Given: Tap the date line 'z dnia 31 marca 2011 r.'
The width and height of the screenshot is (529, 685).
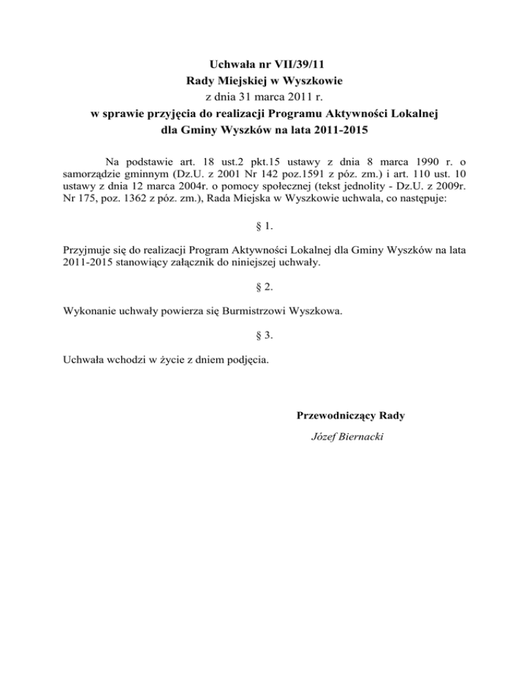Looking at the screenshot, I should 264,97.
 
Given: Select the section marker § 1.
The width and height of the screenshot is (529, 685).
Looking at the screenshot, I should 264,227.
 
